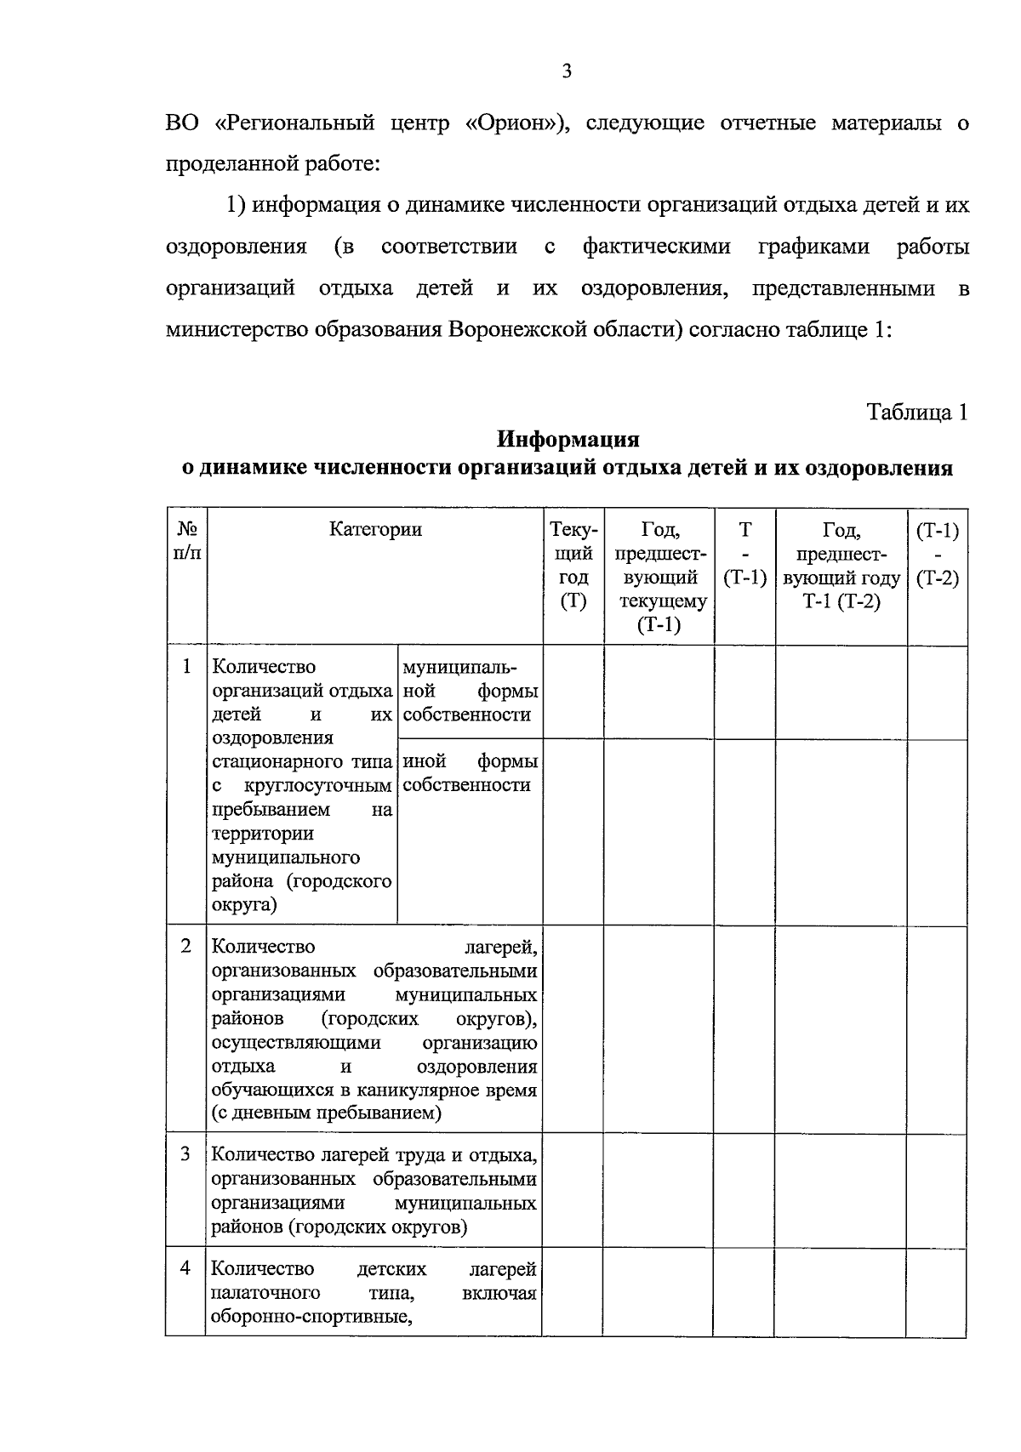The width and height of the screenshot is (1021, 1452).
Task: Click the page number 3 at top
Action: [567, 72]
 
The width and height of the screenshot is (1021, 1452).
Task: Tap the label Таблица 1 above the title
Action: [917, 413]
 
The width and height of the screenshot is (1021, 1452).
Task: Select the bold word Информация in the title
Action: [568, 440]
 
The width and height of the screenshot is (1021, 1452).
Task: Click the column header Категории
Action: [375, 530]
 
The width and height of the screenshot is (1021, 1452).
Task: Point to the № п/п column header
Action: [187, 541]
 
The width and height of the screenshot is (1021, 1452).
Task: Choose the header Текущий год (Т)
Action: [573, 565]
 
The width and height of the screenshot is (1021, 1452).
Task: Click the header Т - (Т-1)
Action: [744, 554]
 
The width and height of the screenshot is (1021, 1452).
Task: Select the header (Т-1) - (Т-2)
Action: [937, 554]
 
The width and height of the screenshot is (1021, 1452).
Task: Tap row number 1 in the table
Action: [187, 666]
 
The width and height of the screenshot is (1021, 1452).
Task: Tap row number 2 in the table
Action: [187, 946]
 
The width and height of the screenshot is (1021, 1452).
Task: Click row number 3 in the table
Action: [186, 1154]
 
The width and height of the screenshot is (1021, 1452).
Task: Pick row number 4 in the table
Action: [186, 1268]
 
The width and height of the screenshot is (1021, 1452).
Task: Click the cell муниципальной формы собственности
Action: [470, 691]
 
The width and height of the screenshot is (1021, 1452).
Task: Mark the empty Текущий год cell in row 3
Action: [573, 1189]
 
